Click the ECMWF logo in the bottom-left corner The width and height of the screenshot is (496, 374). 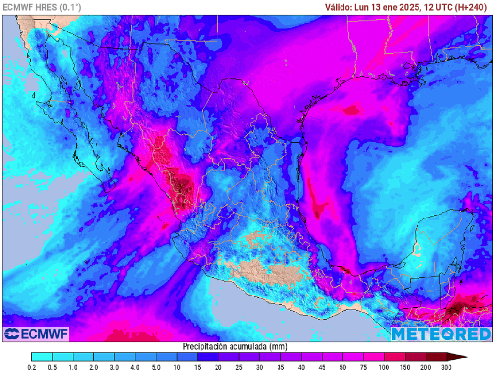coord(36,333)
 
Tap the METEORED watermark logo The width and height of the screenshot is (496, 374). coord(441,334)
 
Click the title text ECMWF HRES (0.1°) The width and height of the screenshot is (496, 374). coord(42,7)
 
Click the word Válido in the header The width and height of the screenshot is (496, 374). coord(338,7)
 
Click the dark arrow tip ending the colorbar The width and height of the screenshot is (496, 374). coord(460,358)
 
